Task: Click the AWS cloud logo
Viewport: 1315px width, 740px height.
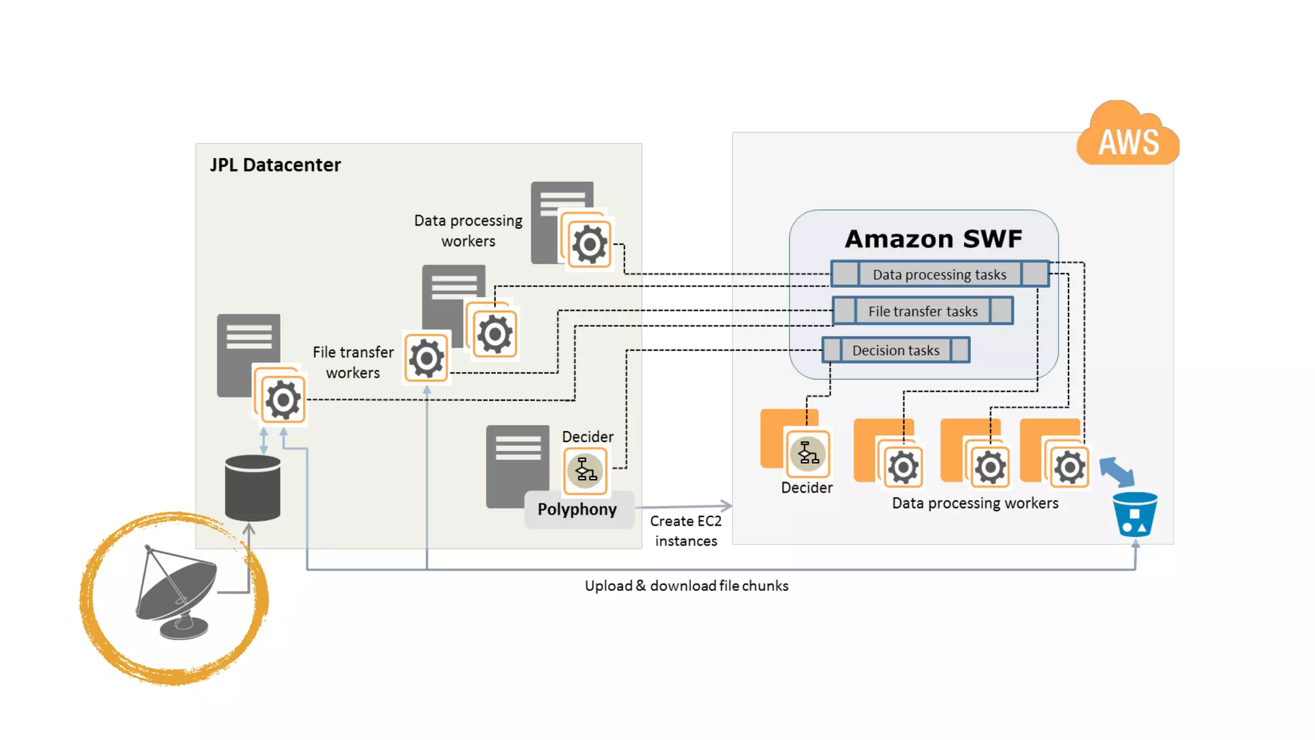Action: click(x=1128, y=136)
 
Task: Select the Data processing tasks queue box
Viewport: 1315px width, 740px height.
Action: click(x=939, y=274)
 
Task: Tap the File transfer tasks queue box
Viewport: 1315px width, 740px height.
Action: click(x=923, y=311)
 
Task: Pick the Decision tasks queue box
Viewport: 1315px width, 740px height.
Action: click(x=896, y=350)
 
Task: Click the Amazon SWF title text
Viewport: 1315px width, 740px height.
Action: click(x=933, y=239)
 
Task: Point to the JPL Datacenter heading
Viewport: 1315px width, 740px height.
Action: click(x=275, y=165)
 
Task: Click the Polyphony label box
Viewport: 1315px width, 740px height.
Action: click(x=577, y=509)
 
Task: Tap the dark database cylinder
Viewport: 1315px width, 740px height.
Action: click(x=253, y=488)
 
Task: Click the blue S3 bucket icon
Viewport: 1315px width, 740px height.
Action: click(x=1135, y=514)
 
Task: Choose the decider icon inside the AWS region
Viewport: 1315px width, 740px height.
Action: click(x=808, y=454)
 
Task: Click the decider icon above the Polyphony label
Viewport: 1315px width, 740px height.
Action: click(x=586, y=470)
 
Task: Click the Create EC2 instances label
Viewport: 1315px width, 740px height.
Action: click(x=686, y=531)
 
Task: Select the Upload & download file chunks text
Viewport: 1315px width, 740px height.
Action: click(x=686, y=586)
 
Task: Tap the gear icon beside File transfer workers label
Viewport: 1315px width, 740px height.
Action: click(x=426, y=358)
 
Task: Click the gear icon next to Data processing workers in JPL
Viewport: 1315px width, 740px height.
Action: click(x=589, y=244)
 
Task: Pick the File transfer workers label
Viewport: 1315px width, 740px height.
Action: click(x=353, y=362)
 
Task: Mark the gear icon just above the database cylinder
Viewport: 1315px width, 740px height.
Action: click(x=283, y=400)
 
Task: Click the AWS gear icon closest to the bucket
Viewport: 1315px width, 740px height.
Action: click(x=1069, y=467)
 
